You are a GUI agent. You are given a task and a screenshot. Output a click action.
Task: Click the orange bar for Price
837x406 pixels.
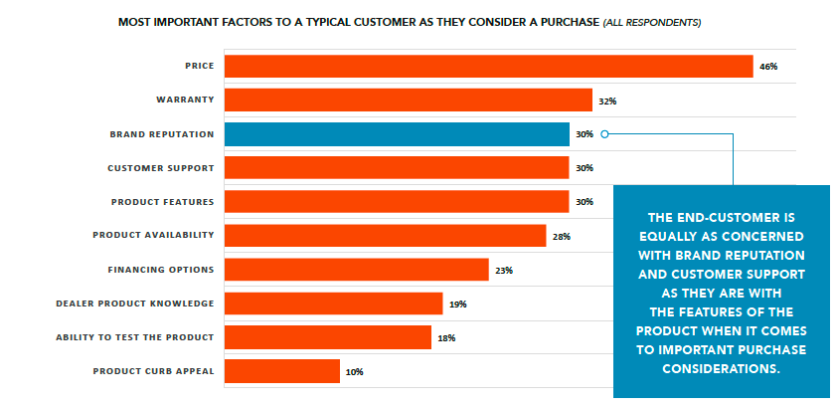[x=488, y=66]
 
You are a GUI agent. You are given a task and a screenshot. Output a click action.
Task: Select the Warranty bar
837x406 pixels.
[x=408, y=100]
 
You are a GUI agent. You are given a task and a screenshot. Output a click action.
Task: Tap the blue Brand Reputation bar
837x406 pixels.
[x=397, y=133]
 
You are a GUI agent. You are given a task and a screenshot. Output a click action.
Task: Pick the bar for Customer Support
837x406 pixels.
[x=397, y=167]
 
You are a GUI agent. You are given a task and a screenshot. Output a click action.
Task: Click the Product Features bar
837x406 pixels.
[x=397, y=201]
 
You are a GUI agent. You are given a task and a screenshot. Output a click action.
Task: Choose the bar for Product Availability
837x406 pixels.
[x=385, y=236]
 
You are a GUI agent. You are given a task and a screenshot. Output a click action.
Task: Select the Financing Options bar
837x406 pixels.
[x=356, y=270]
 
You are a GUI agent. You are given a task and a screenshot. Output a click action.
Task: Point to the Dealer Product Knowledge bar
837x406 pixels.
[x=333, y=304]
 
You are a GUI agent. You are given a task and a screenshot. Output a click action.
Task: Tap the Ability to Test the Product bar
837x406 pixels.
[x=327, y=337]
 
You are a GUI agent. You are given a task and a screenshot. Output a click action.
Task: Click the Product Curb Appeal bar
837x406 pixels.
[x=281, y=371]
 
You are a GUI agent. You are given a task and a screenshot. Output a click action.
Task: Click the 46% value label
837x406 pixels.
[x=767, y=67]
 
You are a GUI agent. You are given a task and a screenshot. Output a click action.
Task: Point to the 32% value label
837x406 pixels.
[x=608, y=101]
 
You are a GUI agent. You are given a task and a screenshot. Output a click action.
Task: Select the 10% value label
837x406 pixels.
[x=355, y=372]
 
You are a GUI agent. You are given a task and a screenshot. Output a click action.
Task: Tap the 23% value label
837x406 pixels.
[x=504, y=271]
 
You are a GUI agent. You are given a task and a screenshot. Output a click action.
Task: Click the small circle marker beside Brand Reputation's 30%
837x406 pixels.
[x=604, y=133]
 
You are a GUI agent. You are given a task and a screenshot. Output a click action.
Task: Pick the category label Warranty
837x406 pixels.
[x=185, y=101]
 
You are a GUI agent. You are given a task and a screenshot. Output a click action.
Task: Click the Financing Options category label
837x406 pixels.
[x=160, y=270]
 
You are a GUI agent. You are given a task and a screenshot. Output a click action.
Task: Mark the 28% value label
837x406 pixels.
[x=561, y=237]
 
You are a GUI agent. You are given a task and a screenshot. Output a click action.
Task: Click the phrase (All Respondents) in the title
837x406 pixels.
[x=652, y=21]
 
